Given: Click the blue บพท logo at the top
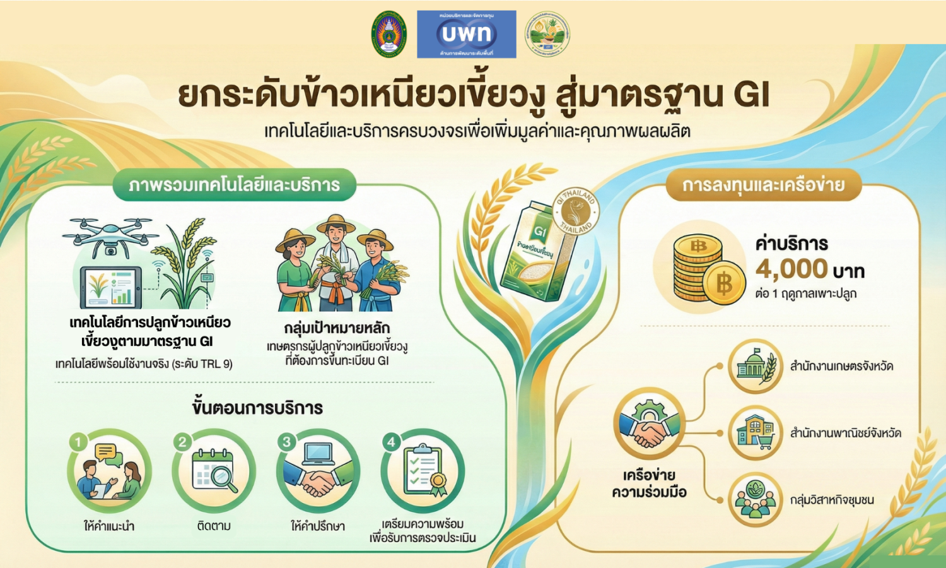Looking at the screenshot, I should (x=467, y=34).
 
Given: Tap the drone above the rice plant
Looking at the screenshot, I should (x=110, y=234).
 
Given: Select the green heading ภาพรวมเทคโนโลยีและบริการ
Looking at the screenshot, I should (x=234, y=185).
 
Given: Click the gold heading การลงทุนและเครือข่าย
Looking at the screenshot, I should (x=763, y=185).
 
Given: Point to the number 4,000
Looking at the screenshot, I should (x=791, y=269).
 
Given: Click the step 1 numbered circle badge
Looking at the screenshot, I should (x=78, y=442).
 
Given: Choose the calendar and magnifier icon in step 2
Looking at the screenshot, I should (x=214, y=471).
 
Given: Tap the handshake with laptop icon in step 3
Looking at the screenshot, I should (x=318, y=471).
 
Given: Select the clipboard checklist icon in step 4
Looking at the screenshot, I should (x=423, y=471).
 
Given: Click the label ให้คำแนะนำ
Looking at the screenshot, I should (x=109, y=526).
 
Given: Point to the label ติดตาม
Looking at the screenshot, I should (x=214, y=526).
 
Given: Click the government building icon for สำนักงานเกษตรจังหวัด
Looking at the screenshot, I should (x=755, y=366).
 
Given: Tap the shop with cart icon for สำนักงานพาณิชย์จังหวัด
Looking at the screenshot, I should (x=755, y=433).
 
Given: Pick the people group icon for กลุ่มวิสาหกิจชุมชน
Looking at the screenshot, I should (x=755, y=500).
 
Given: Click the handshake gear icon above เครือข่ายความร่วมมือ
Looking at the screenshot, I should (x=649, y=424).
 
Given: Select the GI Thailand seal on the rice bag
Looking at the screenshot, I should (x=575, y=212).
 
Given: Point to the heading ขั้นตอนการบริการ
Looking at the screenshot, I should (x=257, y=408).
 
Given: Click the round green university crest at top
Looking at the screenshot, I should (x=389, y=34).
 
